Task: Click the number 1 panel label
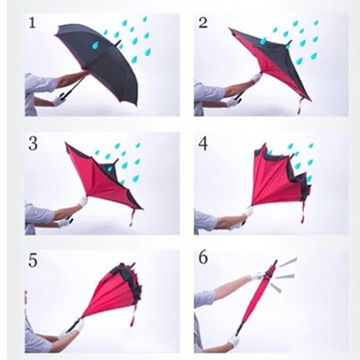[x=32, y=23]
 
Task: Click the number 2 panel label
[x=203, y=23]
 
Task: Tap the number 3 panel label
[x=33, y=143]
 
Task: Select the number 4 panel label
[x=203, y=144]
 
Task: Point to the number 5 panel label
[x=32, y=260]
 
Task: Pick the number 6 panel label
[x=203, y=258]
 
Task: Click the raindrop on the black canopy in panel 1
[x=96, y=45]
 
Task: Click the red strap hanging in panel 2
[x=299, y=106]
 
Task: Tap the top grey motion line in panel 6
[x=288, y=262]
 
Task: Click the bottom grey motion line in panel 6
[x=276, y=288]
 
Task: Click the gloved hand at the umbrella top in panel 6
[x=258, y=276]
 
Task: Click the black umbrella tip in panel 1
[x=119, y=43]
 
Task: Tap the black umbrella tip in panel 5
[x=134, y=265]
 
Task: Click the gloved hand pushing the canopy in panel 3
[x=83, y=201]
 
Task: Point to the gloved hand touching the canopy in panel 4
[x=248, y=211]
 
